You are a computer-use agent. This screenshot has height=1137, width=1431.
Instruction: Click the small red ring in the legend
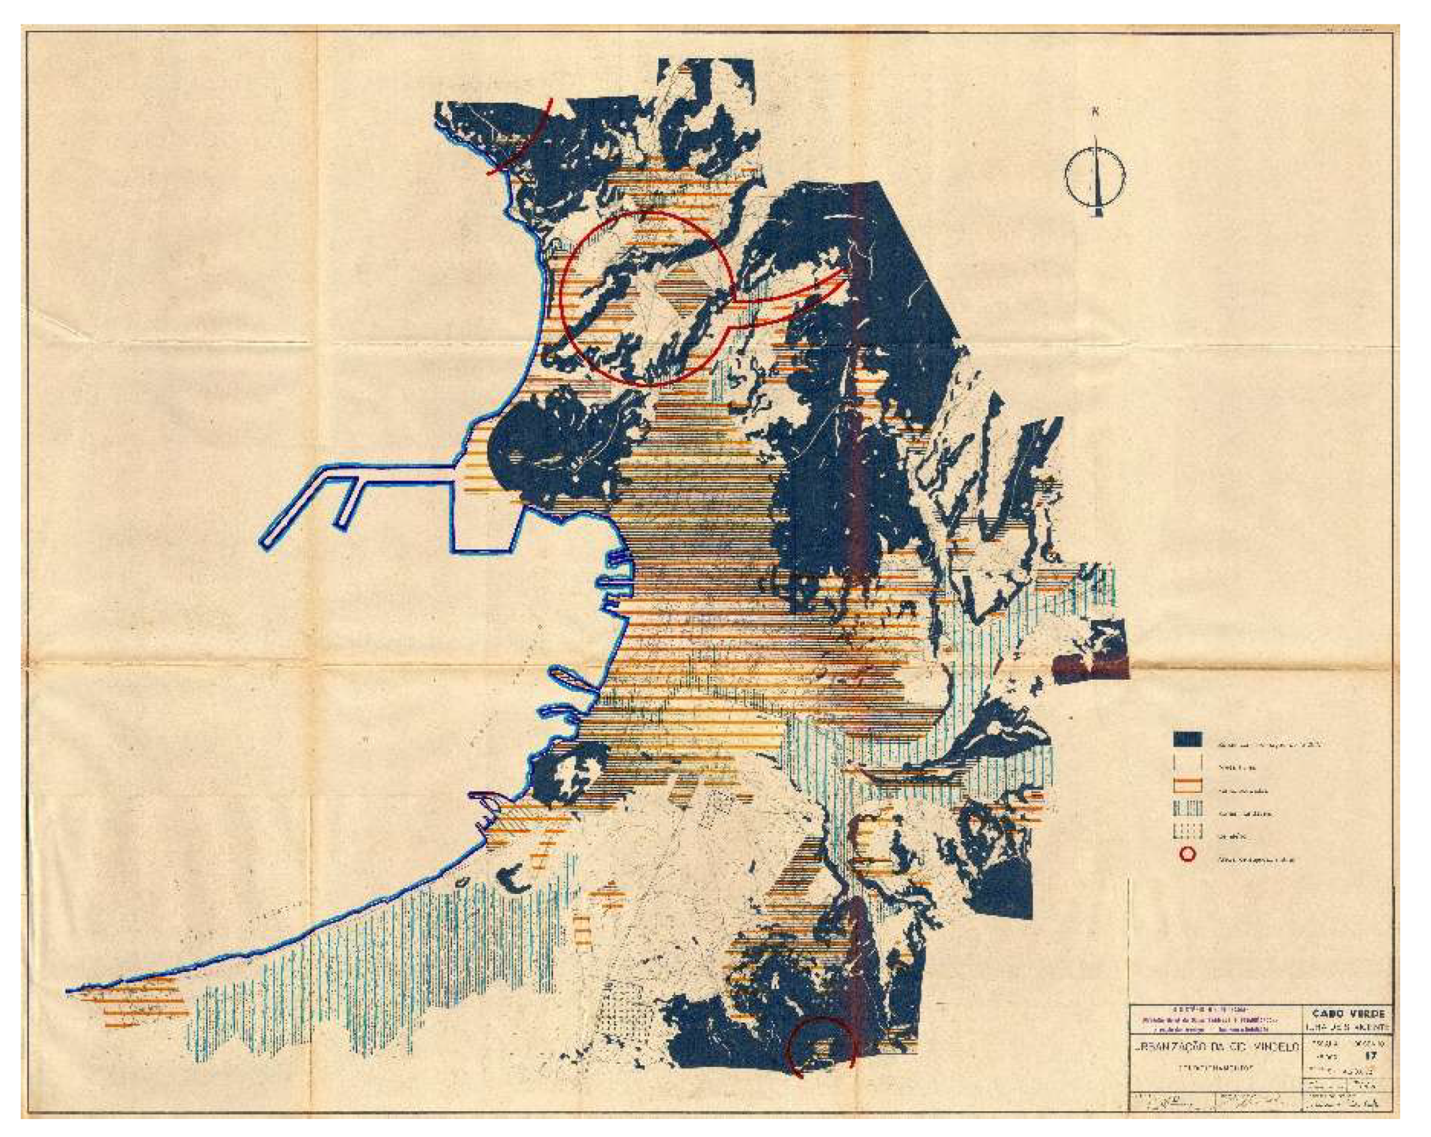[x=1187, y=855]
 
